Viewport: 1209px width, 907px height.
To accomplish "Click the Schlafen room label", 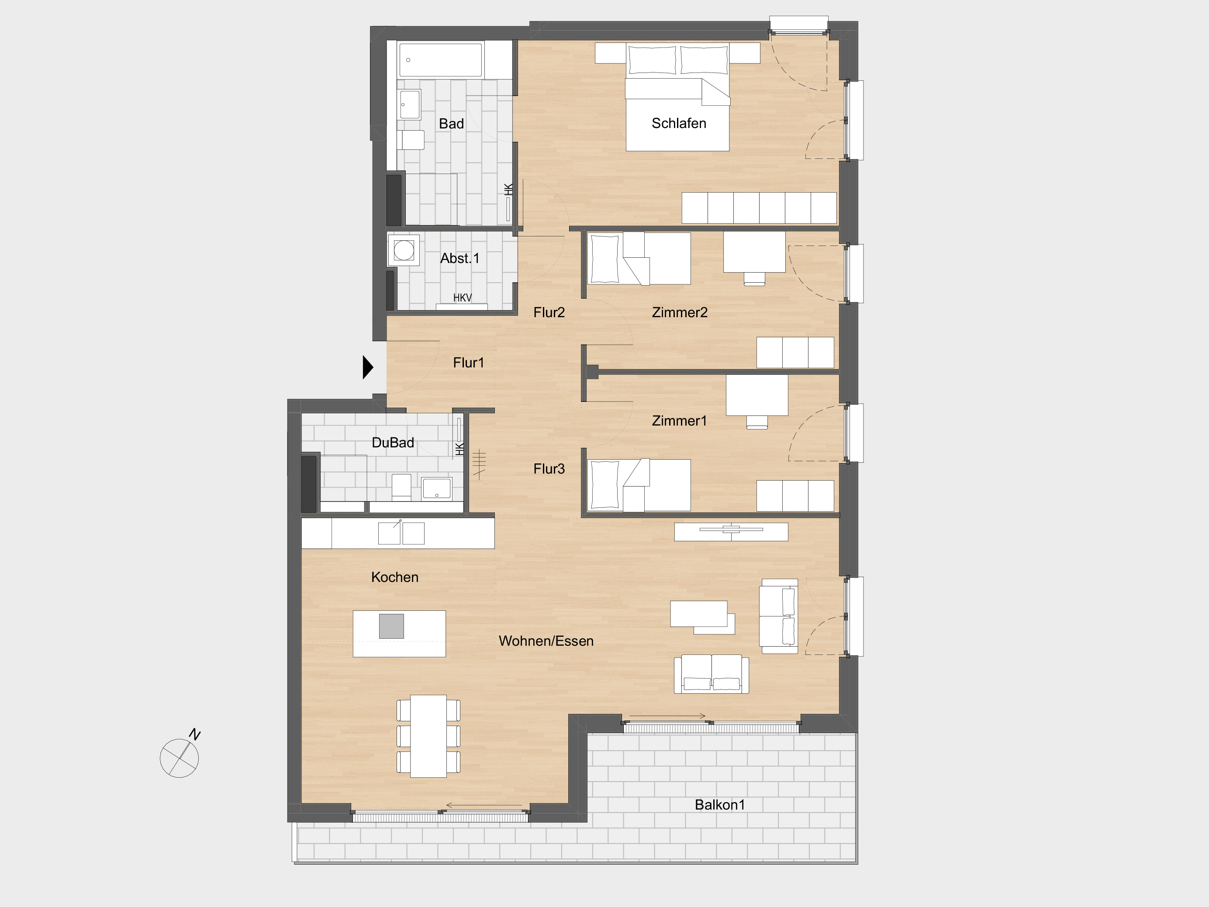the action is coord(679,123).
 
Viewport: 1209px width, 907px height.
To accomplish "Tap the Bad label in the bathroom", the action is coord(452,124).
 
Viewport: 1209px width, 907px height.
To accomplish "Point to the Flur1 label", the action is coord(468,363).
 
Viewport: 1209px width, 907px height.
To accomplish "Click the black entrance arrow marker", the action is coord(368,367).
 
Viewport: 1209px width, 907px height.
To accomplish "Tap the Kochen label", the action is coord(394,577).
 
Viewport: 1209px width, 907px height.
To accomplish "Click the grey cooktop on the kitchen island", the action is coord(391,626).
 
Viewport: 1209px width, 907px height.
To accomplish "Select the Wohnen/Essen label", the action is coord(546,641).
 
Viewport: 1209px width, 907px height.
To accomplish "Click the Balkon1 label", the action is coord(720,805).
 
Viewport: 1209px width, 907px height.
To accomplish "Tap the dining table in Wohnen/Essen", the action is coord(428,736).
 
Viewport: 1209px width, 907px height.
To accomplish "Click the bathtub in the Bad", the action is coord(441,59).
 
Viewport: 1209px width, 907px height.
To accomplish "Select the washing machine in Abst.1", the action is coord(404,250).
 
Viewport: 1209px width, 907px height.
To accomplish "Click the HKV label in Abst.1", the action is coord(463,298).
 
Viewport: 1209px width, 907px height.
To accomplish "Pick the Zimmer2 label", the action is coord(679,312).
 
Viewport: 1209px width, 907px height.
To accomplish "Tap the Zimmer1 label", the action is coord(679,420).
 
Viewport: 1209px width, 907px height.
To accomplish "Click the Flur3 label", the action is coord(549,468).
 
